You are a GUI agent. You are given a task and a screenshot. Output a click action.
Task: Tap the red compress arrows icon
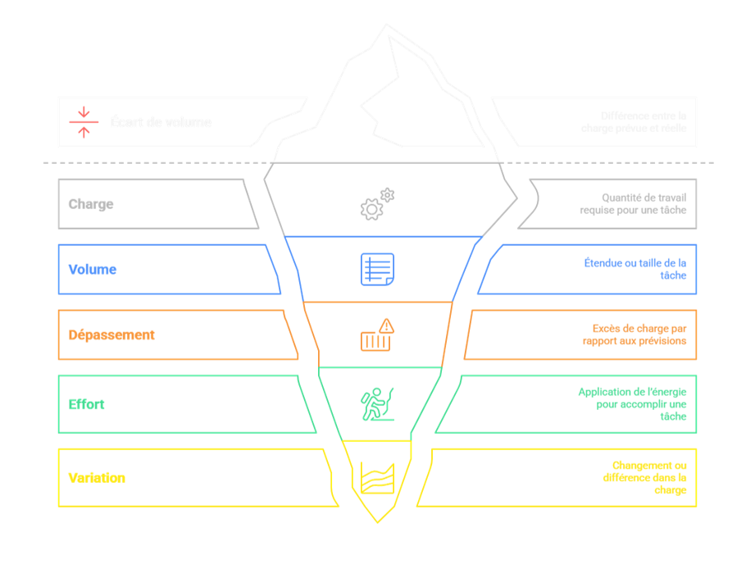point(84,122)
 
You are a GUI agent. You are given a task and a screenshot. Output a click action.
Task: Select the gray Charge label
point(91,204)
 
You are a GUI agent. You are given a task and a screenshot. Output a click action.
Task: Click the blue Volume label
point(93,269)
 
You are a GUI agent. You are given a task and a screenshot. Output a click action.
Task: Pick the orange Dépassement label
point(111,335)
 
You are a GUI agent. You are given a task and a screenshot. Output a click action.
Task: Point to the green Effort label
point(87,404)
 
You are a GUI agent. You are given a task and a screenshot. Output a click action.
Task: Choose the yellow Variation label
point(97,477)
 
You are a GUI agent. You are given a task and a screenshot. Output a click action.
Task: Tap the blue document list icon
point(377,269)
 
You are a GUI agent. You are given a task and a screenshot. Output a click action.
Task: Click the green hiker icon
point(377,404)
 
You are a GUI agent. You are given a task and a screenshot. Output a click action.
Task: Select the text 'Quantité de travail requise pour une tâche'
point(633,204)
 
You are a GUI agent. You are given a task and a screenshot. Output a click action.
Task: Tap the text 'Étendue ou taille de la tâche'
point(635,269)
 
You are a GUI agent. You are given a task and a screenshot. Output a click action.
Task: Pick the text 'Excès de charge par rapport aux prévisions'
point(634,335)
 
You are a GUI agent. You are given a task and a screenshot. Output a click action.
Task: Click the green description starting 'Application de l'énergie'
point(632,404)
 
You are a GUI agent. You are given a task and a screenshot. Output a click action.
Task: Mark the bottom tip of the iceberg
point(377,521)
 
